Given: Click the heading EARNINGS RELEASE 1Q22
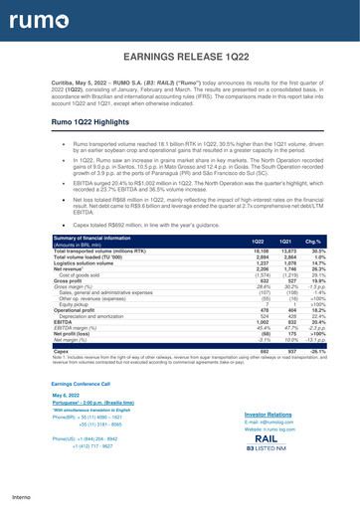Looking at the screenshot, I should (x=179, y=60).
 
